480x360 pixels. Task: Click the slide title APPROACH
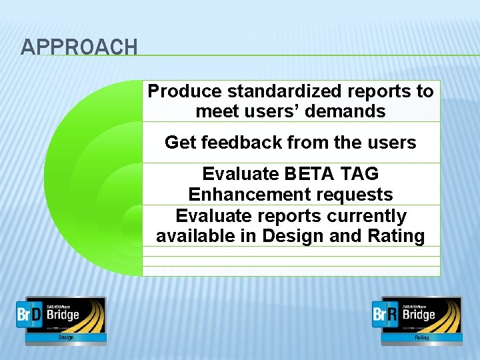79,47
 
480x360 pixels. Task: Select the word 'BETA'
311,174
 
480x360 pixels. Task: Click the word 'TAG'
359,174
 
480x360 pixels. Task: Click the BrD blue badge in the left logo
30,315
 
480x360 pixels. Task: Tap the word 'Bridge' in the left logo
63,315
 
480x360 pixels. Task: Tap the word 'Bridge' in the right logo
419,315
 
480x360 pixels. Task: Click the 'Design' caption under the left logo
65,338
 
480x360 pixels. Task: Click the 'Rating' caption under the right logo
421,338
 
